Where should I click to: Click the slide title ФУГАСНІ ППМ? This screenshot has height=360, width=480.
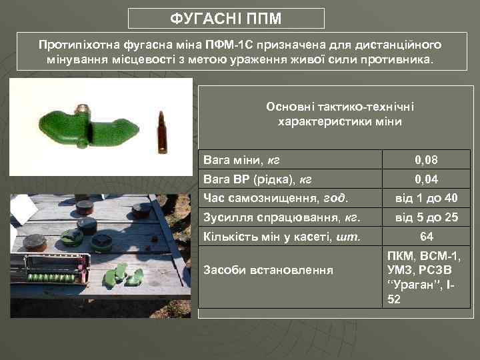pos(226,18)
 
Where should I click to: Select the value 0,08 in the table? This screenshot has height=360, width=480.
pos(426,160)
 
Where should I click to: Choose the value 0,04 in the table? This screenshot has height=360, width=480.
pos(426,179)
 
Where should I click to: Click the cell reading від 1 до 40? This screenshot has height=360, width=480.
pos(426,198)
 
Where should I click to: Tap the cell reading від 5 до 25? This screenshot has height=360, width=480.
pos(426,217)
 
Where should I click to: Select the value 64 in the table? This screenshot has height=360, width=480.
pos(426,236)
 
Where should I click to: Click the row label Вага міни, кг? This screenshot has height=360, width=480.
pos(242,160)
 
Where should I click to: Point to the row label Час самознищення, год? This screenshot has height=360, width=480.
pos(275,198)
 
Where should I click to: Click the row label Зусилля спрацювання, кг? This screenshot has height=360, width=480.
pos(282,217)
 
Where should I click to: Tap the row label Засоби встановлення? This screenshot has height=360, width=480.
pos(268,270)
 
